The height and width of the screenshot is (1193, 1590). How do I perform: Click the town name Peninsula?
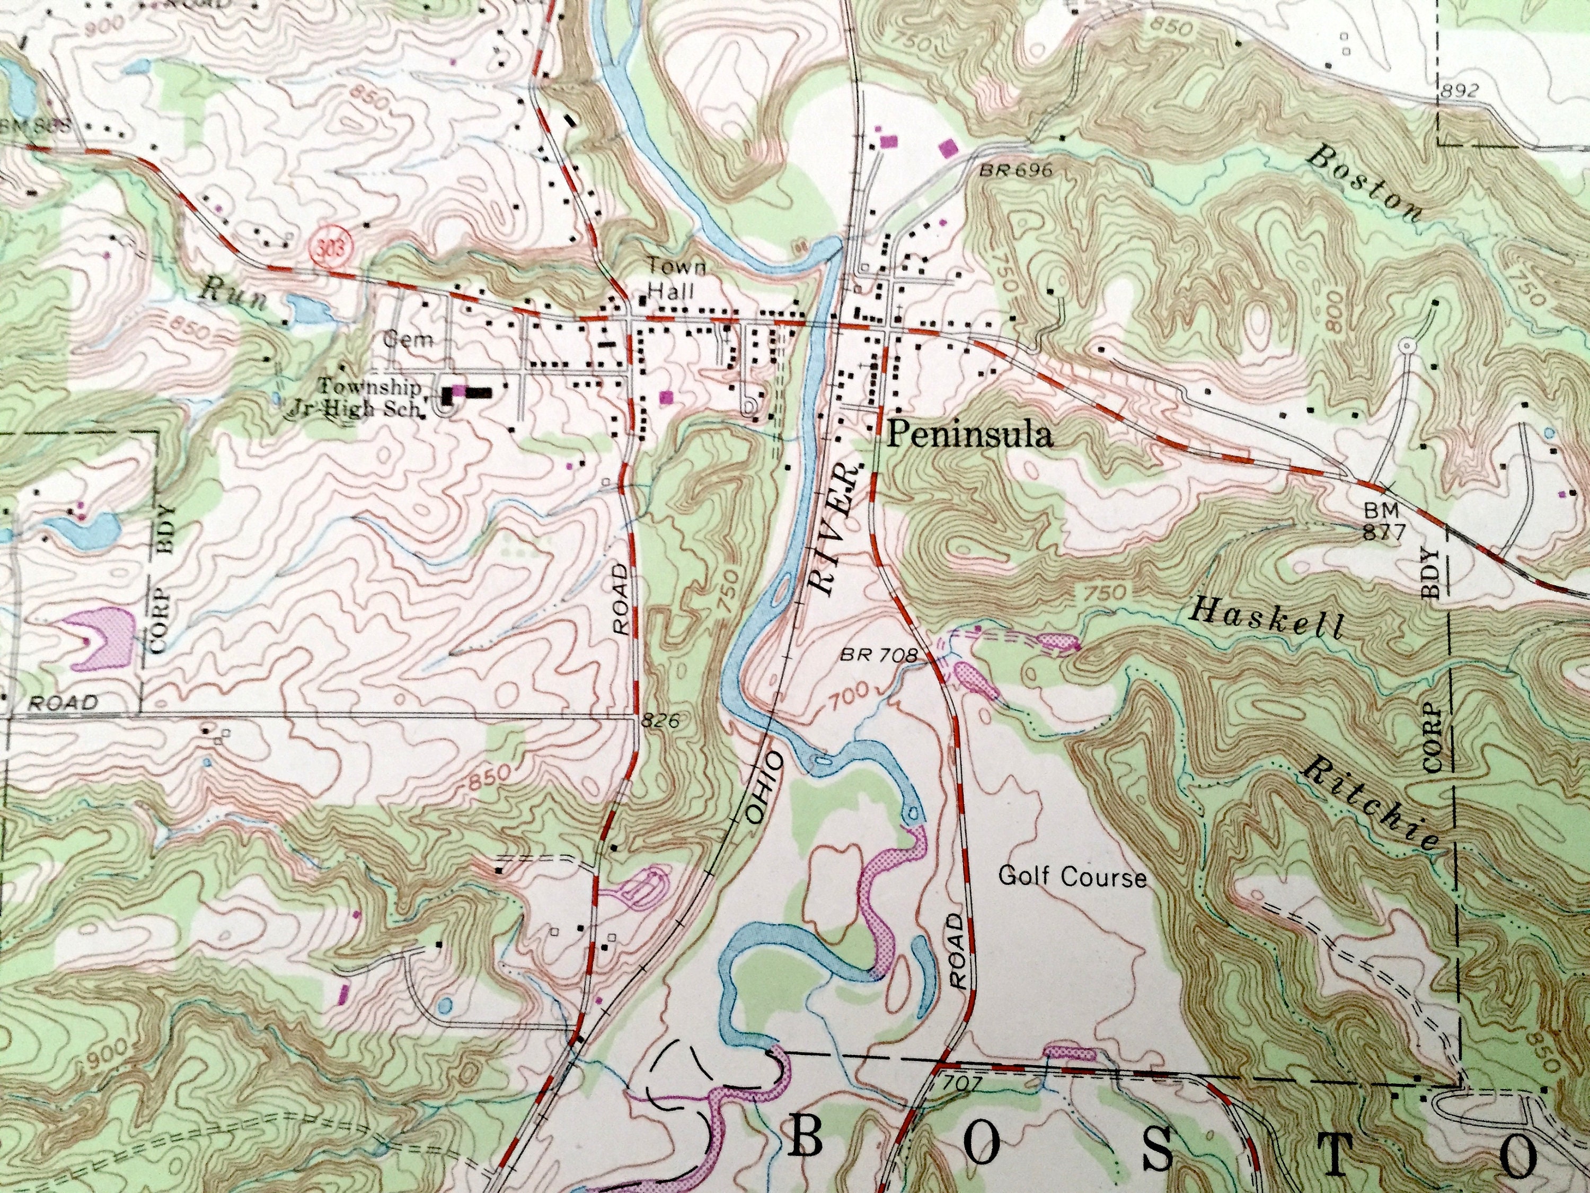tap(970, 435)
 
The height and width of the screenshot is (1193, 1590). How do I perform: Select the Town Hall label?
tap(667, 279)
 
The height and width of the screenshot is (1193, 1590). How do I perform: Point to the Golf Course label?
tap(1073, 878)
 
